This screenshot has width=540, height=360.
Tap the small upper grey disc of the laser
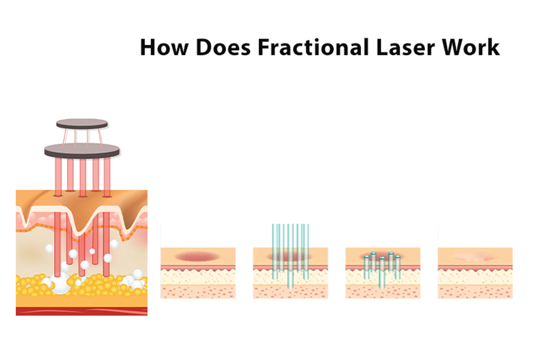pyautogui.click(x=82, y=123)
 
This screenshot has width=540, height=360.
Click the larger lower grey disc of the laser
pyautogui.click(x=82, y=149)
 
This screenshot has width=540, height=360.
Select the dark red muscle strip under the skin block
pyautogui.click(x=81, y=311)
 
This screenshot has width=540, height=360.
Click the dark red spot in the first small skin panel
pyautogui.click(x=197, y=256)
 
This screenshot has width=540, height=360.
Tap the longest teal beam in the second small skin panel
pyautogui.click(x=290, y=260)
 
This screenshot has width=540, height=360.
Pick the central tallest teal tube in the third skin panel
pyautogui.click(x=382, y=272)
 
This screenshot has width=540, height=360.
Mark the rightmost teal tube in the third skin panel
pyautogui.click(x=397, y=266)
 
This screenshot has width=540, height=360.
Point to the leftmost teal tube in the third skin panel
pyautogui.click(x=366, y=266)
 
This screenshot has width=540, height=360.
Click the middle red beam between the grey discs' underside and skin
pyautogui.click(x=82, y=175)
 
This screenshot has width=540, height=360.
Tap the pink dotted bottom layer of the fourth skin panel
pyautogui.click(x=475, y=291)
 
